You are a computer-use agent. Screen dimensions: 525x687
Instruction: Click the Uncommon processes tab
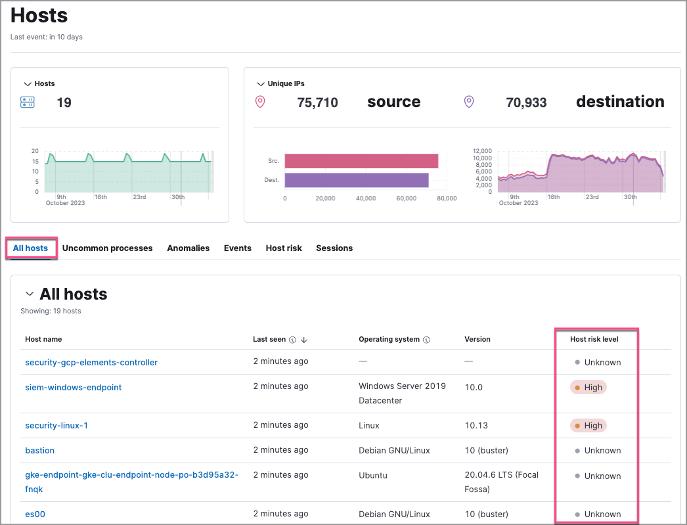click(x=107, y=248)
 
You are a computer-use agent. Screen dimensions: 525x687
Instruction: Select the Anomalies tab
click(x=188, y=248)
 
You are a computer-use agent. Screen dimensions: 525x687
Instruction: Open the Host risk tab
click(x=284, y=248)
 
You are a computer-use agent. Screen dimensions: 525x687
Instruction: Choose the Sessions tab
click(x=334, y=248)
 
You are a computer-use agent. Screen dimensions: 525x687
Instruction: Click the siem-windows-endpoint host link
click(x=74, y=388)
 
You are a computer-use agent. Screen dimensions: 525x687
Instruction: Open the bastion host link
click(x=39, y=451)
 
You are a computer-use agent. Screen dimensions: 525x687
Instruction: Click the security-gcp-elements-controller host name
click(x=91, y=363)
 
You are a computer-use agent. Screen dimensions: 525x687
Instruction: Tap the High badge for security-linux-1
click(x=588, y=426)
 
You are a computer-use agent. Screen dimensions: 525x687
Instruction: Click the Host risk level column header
click(x=594, y=340)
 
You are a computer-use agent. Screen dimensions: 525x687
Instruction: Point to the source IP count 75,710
click(x=317, y=103)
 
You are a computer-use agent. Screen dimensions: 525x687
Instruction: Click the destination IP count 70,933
click(x=526, y=103)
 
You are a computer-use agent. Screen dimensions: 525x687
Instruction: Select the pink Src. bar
click(x=361, y=161)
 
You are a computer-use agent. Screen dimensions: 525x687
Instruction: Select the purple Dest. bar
click(x=357, y=180)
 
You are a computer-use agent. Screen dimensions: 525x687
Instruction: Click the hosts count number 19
click(x=64, y=103)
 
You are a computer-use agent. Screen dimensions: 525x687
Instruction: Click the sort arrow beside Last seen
click(x=304, y=340)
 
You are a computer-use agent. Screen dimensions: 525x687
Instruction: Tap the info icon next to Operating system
click(x=426, y=340)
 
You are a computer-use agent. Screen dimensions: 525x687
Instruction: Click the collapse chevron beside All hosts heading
click(x=30, y=294)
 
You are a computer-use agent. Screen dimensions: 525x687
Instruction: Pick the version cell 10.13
click(x=476, y=426)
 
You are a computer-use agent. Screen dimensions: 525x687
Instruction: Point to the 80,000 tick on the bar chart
click(x=447, y=198)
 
